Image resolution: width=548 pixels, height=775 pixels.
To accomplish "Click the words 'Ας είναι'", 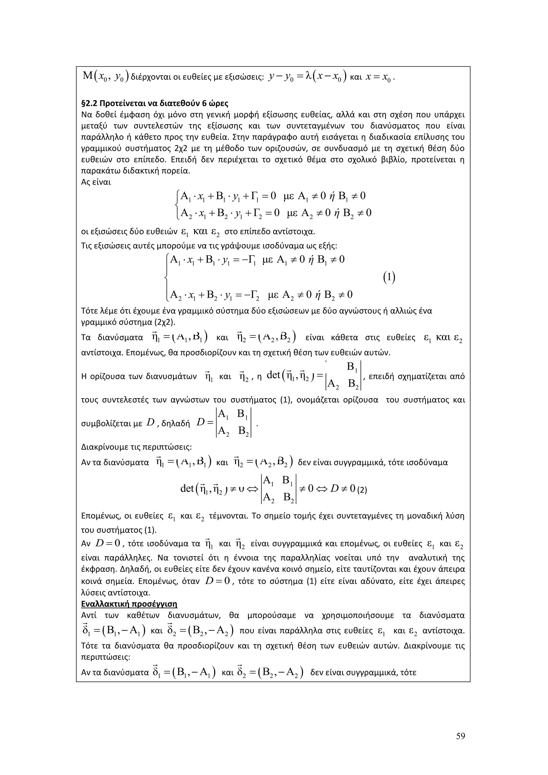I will click(96, 182).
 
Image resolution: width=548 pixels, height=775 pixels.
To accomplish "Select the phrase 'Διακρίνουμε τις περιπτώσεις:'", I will click(137, 447).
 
